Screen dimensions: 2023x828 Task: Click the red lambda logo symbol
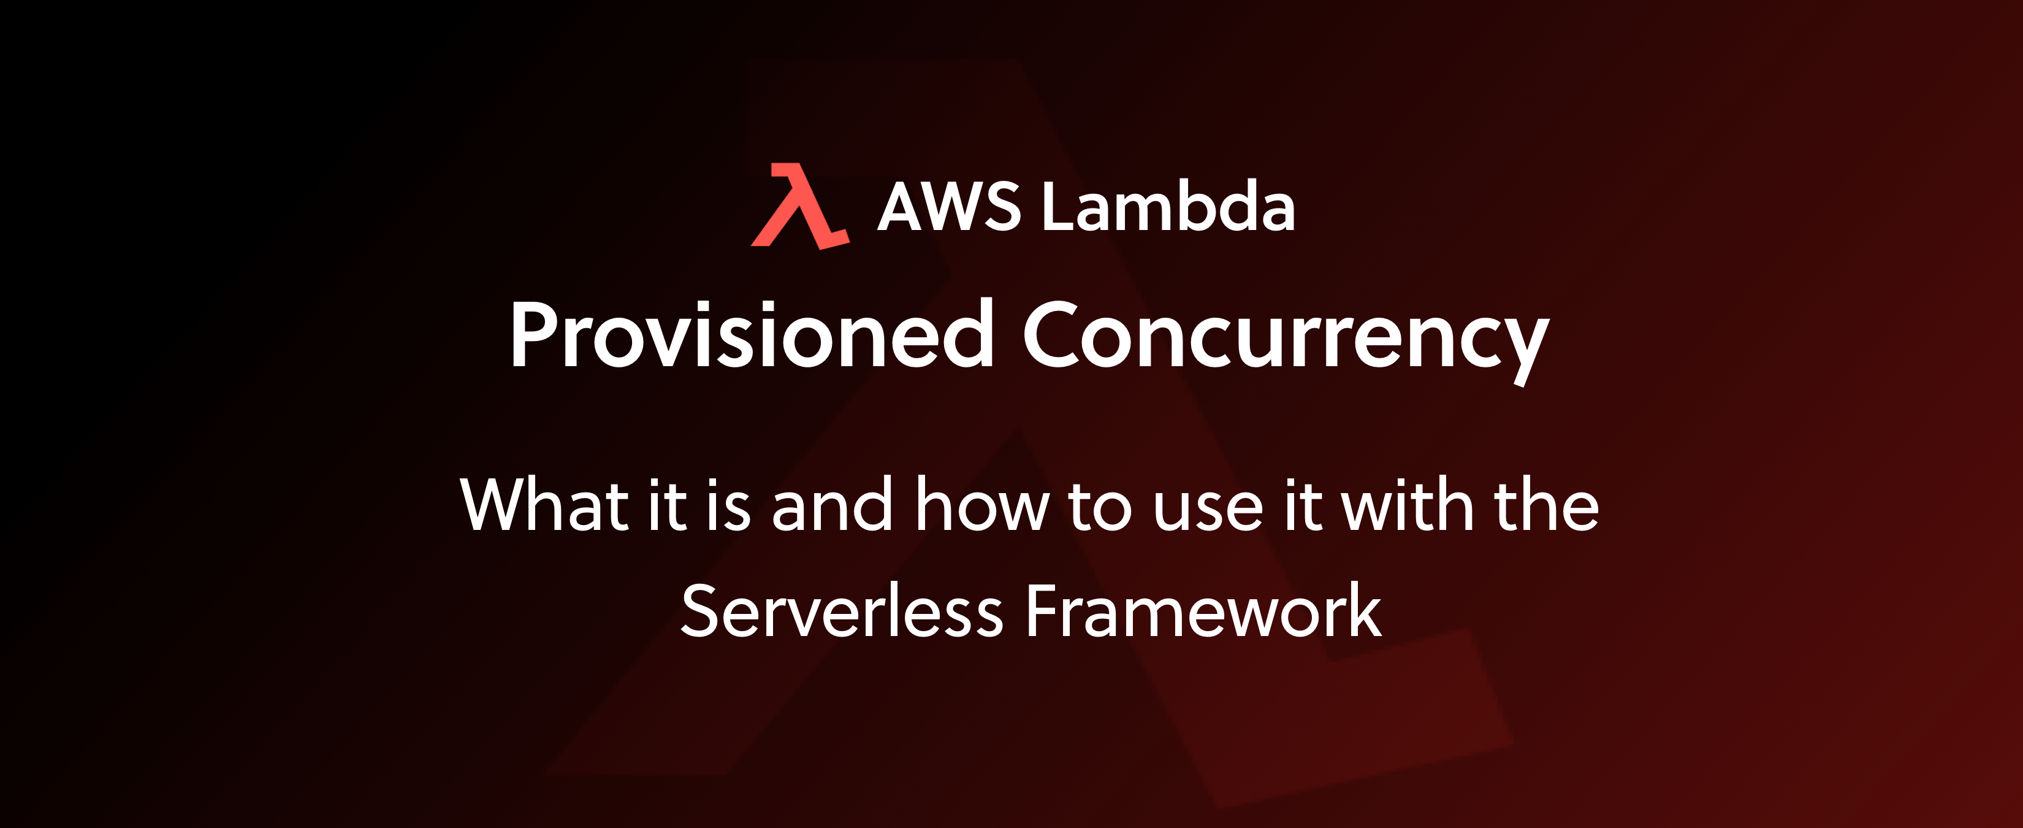(799, 206)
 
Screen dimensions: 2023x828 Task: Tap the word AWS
(949, 207)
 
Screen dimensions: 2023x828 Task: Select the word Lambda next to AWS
(1168, 206)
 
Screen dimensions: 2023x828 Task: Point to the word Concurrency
(1286, 342)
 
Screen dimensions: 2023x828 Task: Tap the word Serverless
(842, 610)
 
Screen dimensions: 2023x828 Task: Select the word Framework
(1203, 610)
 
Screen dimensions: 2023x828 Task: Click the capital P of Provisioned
(537, 334)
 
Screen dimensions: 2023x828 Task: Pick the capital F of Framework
(1045, 610)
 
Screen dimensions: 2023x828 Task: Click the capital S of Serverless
(699, 610)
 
